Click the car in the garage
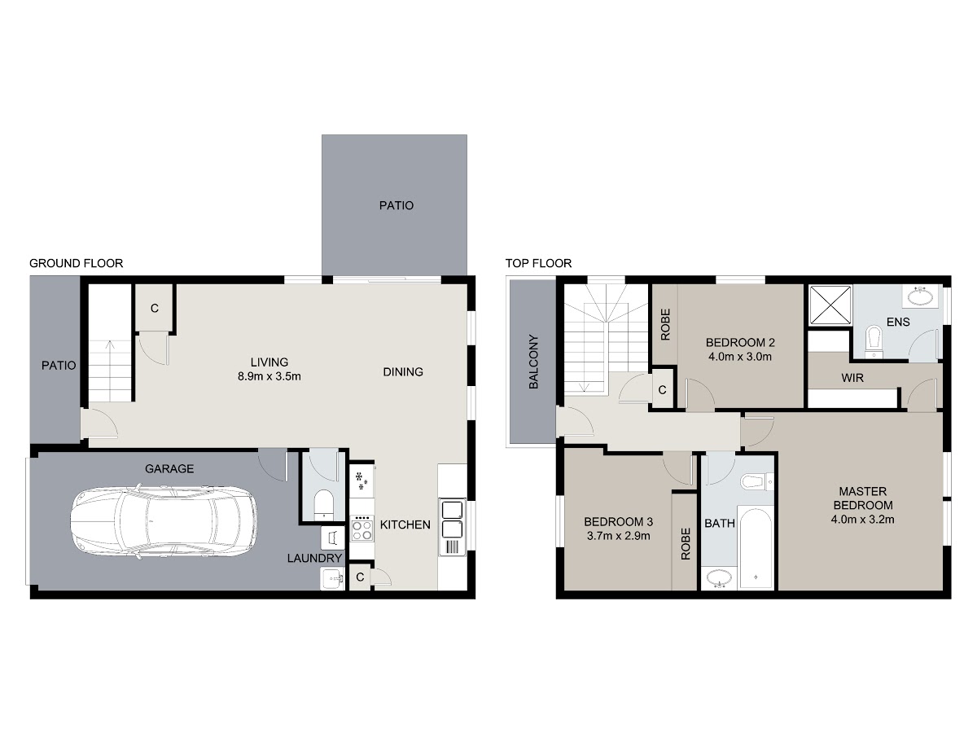[164, 520]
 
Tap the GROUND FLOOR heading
[76, 263]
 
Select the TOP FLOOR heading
[538, 263]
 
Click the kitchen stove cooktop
[361, 529]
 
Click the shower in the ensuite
[830, 305]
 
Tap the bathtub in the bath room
[755, 547]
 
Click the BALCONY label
[533, 362]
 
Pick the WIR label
[852, 378]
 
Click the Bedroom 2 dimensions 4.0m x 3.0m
[740, 357]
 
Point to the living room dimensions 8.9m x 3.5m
[269, 376]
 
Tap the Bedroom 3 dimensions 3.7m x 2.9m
[618, 536]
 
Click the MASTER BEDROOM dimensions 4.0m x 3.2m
[862, 519]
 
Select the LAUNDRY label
[314, 558]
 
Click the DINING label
[403, 371]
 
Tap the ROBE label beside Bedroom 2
[665, 325]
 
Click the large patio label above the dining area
[396, 205]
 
